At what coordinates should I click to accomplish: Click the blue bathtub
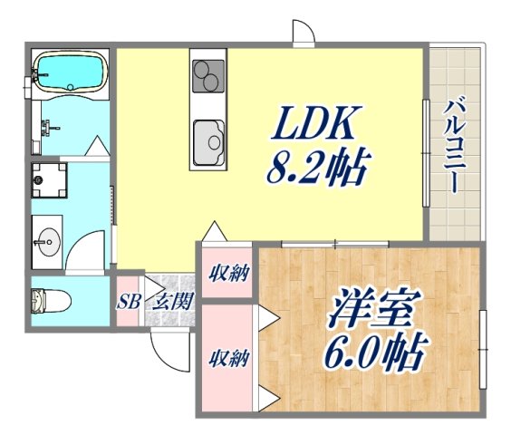[x=71, y=72]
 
